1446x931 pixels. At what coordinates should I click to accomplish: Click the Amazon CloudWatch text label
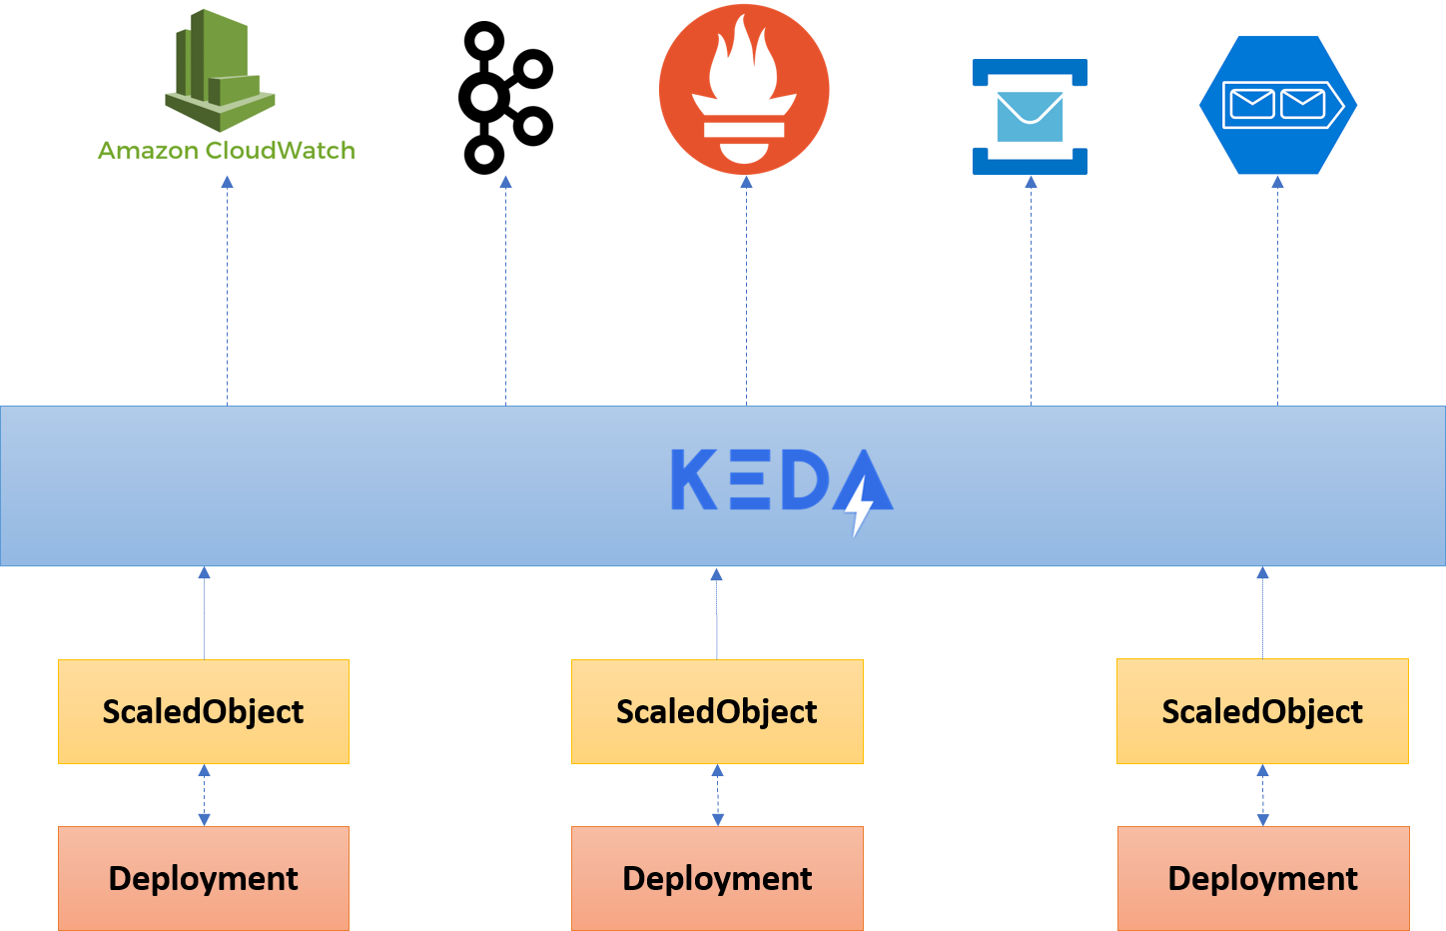pyautogui.click(x=227, y=151)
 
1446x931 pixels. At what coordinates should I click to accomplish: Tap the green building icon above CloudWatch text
pyautogui.click(x=219, y=72)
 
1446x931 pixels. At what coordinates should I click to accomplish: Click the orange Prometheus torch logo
pyautogui.click(x=744, y=89)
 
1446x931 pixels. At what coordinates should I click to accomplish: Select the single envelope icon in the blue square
pyautogui.click(x=1030, y=117)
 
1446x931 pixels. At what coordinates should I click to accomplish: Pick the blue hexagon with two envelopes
pyautogui.click(x=1277, y=105)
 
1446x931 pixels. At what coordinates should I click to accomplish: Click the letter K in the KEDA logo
pyautogui.click(x=693, y=479)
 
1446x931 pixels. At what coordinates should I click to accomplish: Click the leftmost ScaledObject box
pyautogui.click(x=204, y=711)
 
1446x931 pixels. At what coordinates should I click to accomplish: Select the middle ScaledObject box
pyautogui.click(x=717, y=711)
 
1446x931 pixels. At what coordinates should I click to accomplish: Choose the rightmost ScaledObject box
pyautogui.click(x=1262, y=711)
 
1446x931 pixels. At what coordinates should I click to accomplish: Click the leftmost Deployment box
pyautogui.click(x=204, y=878)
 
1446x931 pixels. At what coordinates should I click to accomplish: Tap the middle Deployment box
pyautogui.click(x=717, y=878)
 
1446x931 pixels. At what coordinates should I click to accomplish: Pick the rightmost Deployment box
pyautogui.click(x=1263, y=878)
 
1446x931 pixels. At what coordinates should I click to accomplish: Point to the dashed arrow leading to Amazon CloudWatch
pyautogui.click(x=227, y=290)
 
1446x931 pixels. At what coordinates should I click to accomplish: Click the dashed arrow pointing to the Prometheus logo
pyautogui.click(x=746, y=290)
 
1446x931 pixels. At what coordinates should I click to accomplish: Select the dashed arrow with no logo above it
pyautogui.click(x=505, y=290)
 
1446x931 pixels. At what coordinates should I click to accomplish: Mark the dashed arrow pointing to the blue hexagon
pyautogui.click(x=1277, y=290)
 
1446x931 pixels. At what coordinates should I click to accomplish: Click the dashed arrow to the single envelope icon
pyautogui.click(x=1031, y=290)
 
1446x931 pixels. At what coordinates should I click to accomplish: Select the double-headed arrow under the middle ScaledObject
pyautogui.click(x=717, y=795)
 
